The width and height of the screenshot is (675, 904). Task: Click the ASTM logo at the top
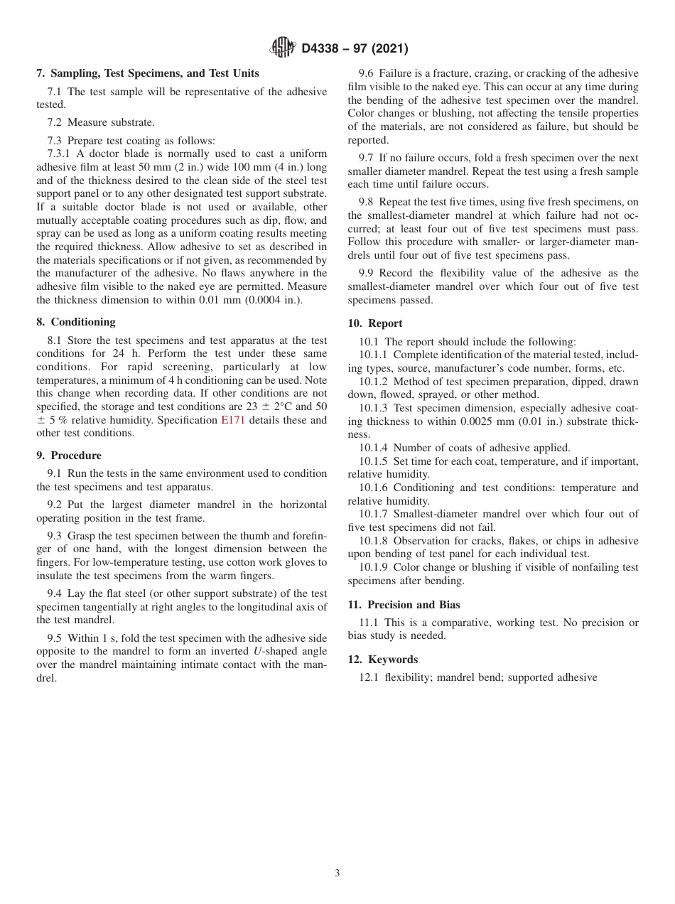coord(282,48)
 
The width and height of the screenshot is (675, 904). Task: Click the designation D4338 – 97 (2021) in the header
coord(355,49)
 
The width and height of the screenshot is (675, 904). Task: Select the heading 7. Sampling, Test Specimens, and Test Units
coord(147,73)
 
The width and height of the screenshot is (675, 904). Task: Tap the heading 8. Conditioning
coord(75,322)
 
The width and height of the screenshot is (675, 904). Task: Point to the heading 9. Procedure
coord(68,456)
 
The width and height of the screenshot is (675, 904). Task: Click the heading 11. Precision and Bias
coord(404,605)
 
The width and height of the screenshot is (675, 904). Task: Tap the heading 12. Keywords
coord(382,660)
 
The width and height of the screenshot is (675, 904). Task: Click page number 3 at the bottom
coord(337,873)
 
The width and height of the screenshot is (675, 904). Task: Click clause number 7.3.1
coord(60,154)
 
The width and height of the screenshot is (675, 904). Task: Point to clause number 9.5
coord(55,637)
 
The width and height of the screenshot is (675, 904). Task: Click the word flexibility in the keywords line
coord(407,677)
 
